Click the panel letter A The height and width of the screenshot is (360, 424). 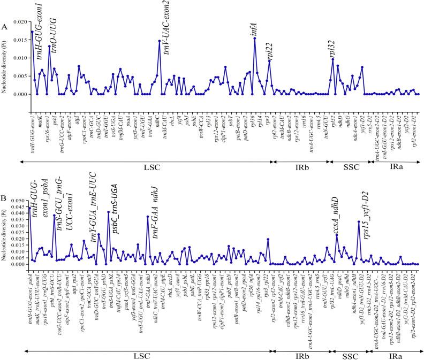[4, 26]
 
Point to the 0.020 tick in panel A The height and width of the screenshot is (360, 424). [19, 22]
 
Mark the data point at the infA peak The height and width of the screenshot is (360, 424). [255, 39]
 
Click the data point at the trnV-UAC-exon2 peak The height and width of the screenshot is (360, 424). [160, 41]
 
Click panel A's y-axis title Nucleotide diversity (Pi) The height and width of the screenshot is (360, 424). [4, 64]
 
